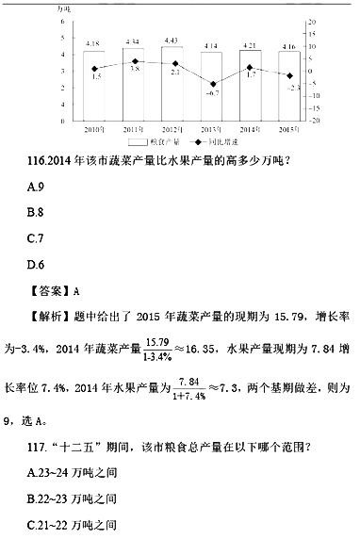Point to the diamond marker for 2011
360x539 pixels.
tap(135, 61)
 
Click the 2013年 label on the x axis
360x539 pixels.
tap(212, 128)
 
